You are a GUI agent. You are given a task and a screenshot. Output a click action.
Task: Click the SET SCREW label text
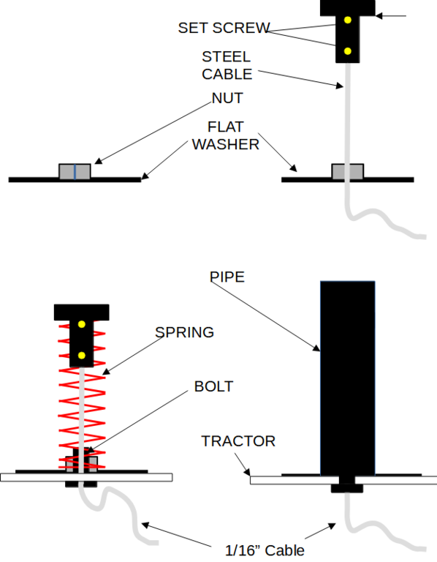[x=224, y=28]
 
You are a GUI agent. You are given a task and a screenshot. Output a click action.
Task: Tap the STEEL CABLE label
[x=227, y=66]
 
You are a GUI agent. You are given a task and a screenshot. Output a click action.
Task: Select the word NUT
[x=227, y=98]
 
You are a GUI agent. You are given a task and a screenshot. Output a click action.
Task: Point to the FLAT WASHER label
[x=226, y=135]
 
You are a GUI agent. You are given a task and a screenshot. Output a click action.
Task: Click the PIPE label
[x=227, y=277]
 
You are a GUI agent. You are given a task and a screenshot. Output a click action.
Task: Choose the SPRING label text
[x=184, y=332]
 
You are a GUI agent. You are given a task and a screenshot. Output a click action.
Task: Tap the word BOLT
[x=213, y=386]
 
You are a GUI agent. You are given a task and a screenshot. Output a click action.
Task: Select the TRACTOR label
[x=238, y=441]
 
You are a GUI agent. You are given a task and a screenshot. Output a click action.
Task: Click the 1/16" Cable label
[x=265, y=550]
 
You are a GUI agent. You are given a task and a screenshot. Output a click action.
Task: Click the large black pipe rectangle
[x=348, y=378]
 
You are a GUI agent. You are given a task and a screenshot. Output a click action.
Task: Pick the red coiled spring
[x=82, y=396]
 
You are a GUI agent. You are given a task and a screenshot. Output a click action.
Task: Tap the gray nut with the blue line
[x=75, y=171]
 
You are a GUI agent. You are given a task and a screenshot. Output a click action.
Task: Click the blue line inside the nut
[x=75, y=171]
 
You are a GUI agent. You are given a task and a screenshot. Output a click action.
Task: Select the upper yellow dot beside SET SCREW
[x=348, y=20]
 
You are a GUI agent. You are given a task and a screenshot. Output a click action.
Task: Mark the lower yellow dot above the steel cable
[x=348, y=51]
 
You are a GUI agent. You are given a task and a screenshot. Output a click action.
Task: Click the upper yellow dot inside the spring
[x=82, y=324]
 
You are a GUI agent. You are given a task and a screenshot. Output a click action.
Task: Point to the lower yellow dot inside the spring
[x=82, y=356]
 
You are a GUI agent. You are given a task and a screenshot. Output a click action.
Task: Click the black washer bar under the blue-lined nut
[x=75, y=180]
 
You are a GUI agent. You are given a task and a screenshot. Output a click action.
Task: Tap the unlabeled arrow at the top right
[x=391, y=16]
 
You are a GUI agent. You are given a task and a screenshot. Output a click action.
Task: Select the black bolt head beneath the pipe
[x=347, y=488]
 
